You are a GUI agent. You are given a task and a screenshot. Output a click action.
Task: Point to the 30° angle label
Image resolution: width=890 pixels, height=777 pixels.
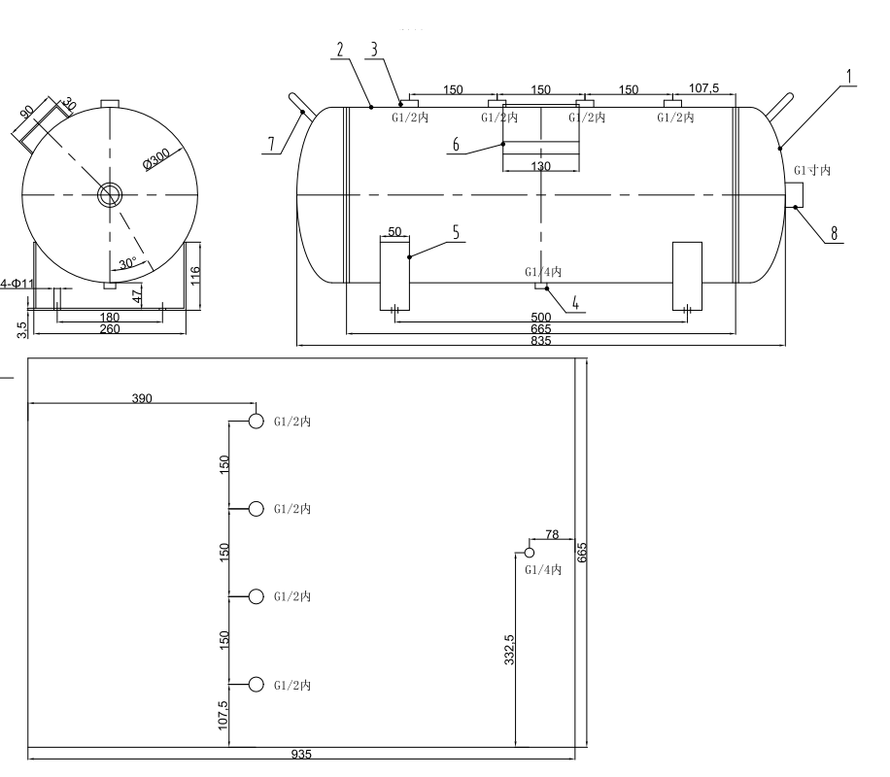[x=128, y=263]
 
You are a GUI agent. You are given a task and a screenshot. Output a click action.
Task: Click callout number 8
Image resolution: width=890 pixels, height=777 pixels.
[x=835, y=234]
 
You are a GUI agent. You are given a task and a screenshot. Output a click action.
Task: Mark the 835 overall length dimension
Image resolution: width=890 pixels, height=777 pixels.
[x=540, y=340]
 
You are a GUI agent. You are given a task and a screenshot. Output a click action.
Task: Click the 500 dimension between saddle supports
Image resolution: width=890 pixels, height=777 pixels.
[x=540, y=318]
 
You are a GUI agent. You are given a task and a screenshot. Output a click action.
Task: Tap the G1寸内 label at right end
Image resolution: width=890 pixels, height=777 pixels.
[x=812, y=170]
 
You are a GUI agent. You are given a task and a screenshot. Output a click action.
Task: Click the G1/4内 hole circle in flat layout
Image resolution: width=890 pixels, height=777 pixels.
[x=530, y=553]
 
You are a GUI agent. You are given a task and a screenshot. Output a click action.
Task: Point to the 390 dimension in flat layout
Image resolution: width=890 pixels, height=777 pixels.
[x=142, y=398]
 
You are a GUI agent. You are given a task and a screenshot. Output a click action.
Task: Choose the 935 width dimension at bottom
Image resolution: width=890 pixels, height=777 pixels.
[x=301, y=754]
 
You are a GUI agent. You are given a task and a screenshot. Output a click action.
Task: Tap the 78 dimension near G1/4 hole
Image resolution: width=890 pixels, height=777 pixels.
[x=552, y=533]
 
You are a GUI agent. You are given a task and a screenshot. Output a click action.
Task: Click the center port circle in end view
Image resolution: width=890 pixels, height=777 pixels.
[x=109, y=194]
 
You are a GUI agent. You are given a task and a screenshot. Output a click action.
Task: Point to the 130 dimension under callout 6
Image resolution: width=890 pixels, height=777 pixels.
[x=541, y=167]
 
